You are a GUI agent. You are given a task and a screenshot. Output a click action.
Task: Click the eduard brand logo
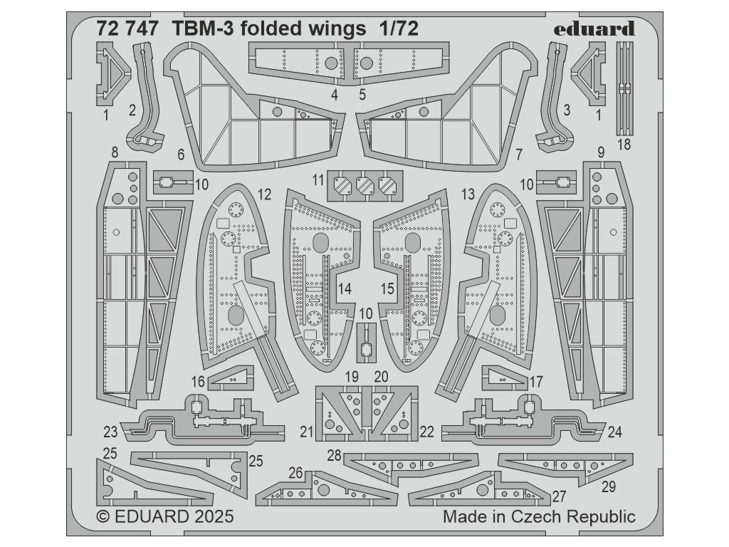[x=594, y=28]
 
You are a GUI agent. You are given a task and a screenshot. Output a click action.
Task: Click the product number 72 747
[x=127, y=28]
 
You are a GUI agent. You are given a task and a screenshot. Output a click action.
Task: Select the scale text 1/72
[x=399, y=28]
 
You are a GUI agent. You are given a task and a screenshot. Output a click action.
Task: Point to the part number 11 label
[x=318, y=179]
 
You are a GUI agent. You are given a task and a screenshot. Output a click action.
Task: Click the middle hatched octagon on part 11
[x=365, y=186]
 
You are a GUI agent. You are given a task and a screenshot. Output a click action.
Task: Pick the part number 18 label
[x=624, y=145]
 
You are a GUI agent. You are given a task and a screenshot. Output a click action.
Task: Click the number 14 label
[x=345, y=289]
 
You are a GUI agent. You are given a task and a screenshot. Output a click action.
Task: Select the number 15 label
[x=387, y=289]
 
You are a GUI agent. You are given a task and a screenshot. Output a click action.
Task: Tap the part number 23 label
[x=110, y=432]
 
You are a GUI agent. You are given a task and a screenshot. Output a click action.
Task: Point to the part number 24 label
[x=614, y=432]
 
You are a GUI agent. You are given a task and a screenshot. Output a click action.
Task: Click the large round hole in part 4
[x=331, y=63]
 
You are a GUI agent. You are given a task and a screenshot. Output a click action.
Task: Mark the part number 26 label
[x=295, y=474]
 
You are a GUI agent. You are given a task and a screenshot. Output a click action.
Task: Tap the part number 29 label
[x=609, y=486]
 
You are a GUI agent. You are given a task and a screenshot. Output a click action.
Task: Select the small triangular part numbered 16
[x=231, y=378]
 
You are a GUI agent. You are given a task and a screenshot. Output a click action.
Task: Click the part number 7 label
[x=519, y=154]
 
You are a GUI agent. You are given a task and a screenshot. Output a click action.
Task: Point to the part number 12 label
[x=264, y=194]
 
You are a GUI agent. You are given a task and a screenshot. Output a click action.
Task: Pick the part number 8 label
[x=115, y=152]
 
